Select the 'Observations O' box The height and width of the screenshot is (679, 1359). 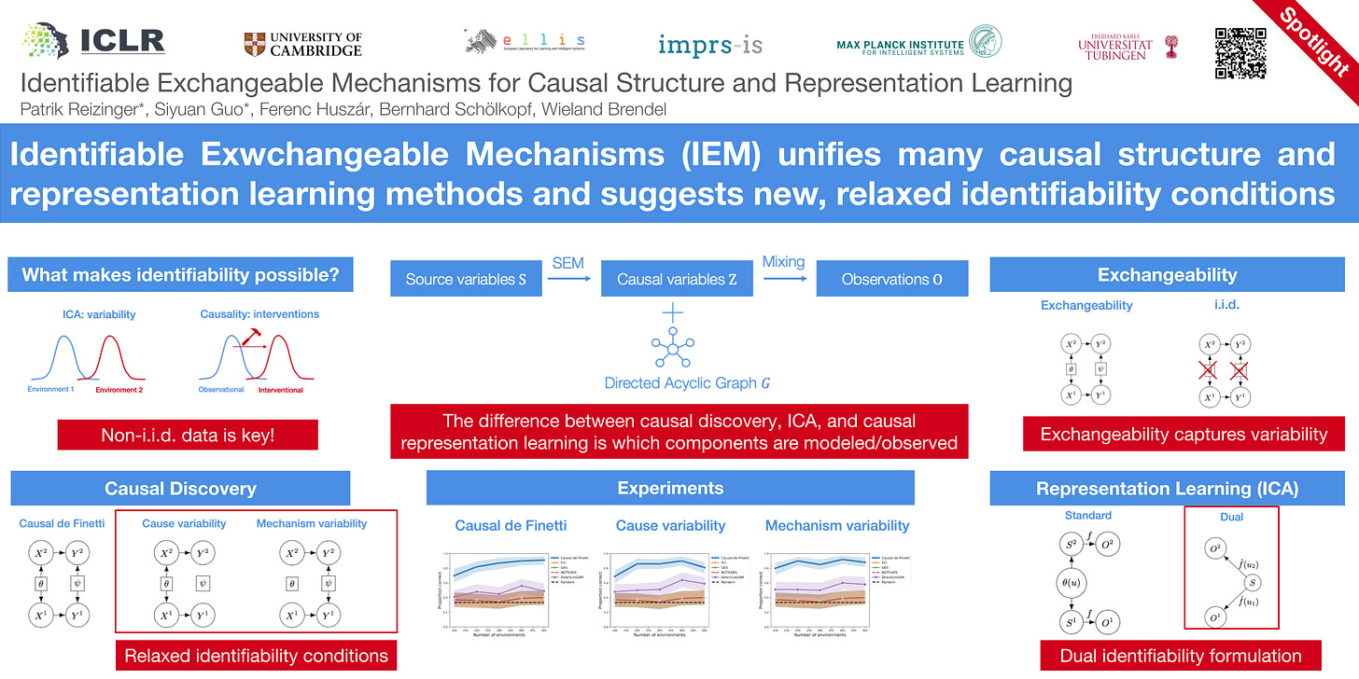(x=891, y=279)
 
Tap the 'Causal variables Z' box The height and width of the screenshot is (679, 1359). (x=677, y=279)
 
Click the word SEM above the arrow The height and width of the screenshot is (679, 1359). (x=567, y=263)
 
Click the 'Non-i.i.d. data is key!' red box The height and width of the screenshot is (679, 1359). (x=188, y=436)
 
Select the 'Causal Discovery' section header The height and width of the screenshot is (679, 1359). (x=180, y=488)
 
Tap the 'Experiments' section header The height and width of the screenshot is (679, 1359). (x=670, y=488)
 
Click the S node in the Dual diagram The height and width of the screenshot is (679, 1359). (x=1253, y=583)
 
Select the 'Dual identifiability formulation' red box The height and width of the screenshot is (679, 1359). (x=1181, y=656)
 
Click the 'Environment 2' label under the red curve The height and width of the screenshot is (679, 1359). (x=119, y=390)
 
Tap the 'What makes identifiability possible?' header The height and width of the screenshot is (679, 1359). (x=187, y=275)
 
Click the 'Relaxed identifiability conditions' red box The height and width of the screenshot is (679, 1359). (x=256, y=656)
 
